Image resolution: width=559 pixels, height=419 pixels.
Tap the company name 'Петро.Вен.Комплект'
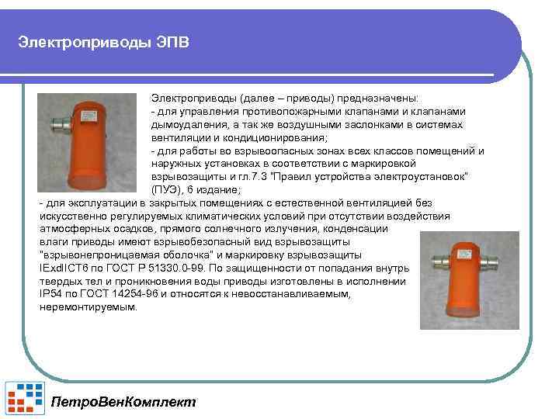pyautogui.click(x=123, y=401)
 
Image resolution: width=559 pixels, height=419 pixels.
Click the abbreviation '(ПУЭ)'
pyautogui.click(x=165, y=190)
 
